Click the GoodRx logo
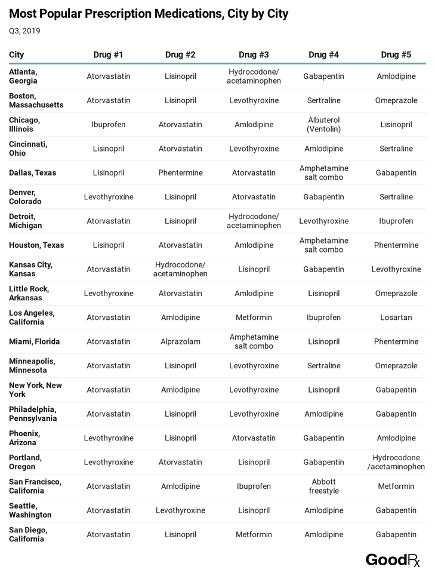(x=393, y=560)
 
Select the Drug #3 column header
(x=254, y=55)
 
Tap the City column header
(x=17, y=55)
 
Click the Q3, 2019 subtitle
(x=24, y=31)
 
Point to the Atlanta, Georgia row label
(x=23, y=76)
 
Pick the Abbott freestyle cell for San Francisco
(x=323, y=486)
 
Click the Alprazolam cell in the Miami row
(x=180, y=342)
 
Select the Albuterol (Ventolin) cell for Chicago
(x=323, y=125)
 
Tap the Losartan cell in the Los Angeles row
(x=396, y=318)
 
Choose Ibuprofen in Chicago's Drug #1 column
(x=109, y=125)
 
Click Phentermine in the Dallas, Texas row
(x=180, y=173)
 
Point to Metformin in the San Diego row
(x=254, y=535)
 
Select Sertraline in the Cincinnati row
(x=396, y=149)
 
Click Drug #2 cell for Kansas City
(x=180, y=269)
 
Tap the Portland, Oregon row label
(x=26, y=462)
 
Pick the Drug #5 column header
(x=396, y=55)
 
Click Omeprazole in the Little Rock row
(x=396, y=294)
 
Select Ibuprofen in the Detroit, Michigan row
(x=396, y=221)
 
